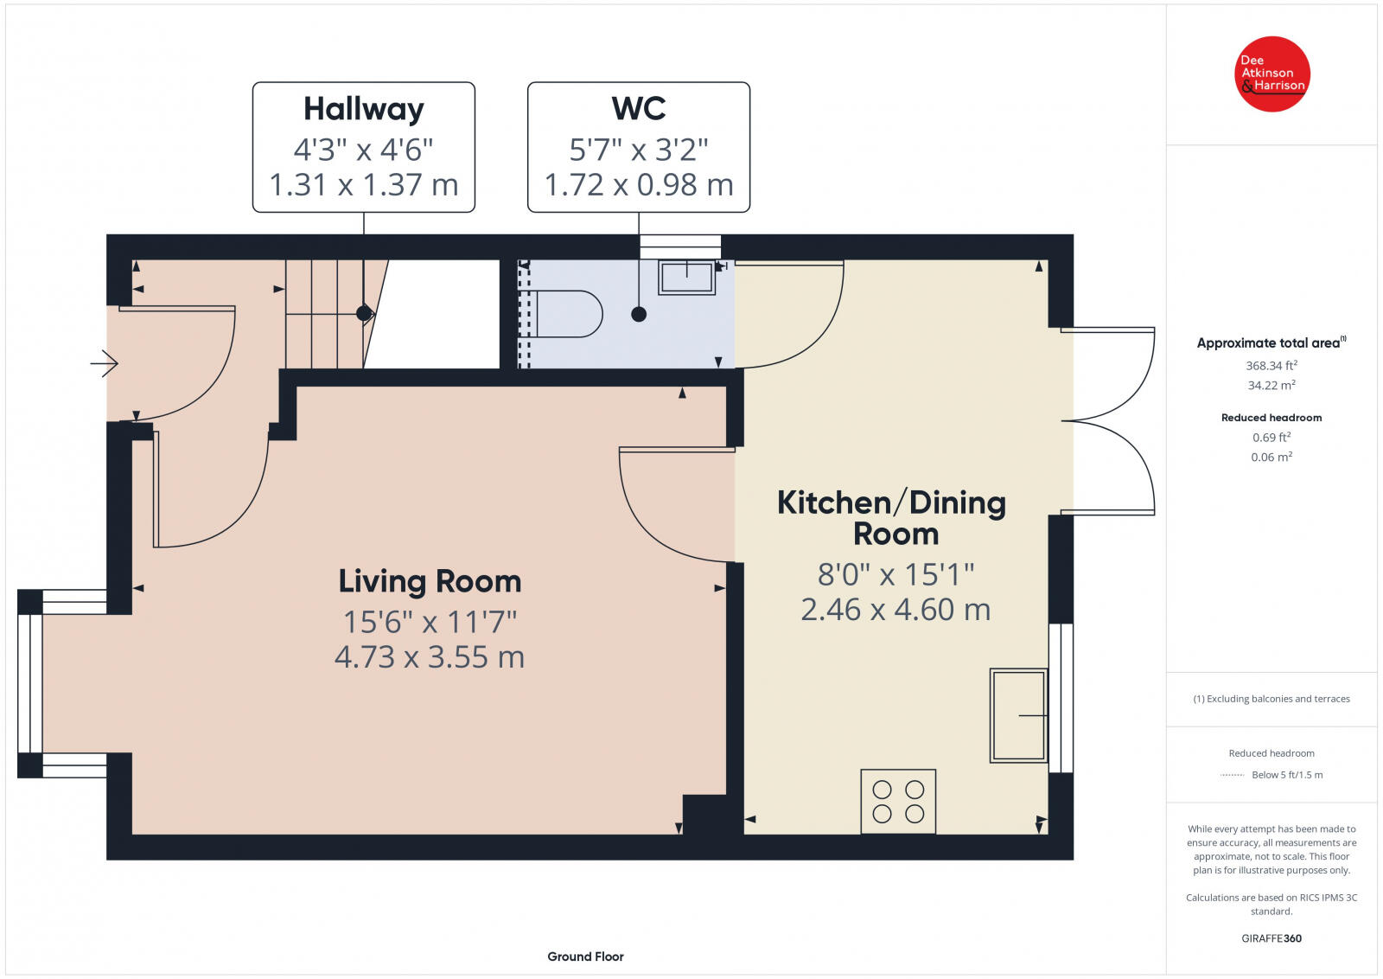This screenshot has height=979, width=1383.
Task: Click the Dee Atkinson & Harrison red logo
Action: click(x=1271, y=74)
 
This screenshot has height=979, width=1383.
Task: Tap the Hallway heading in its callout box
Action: click(x=364, y=109)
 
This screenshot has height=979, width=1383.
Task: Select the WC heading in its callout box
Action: click(x=639, y=108)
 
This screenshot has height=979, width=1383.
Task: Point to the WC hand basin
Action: click(x=686, y=278)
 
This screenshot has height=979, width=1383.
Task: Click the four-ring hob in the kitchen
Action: click(x=898, y=801)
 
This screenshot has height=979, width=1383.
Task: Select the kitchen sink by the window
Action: click(x=1019, y=715)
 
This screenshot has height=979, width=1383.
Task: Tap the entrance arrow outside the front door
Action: click(x=105, y=363)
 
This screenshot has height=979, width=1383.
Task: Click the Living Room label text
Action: click(x=430, y=581)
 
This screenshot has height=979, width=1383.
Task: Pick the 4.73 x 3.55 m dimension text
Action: click(x=430, y=656)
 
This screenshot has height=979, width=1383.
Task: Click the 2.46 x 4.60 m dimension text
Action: click(x=895, y=610)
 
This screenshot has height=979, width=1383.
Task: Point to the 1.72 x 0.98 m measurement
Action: click(x=639, y=185)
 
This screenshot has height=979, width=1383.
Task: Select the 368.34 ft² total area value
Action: click(x=1271, y=365)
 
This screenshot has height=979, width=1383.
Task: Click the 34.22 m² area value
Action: click(x=1271, y=385)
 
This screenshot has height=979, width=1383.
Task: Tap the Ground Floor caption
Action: click(x=585, y=957)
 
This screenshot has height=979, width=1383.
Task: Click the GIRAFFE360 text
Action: click(x=1271, y=938)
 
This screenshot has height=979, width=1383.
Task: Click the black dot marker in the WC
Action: click(x=639, y=315)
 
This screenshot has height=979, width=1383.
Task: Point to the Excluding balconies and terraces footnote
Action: click(x=1271, y=699)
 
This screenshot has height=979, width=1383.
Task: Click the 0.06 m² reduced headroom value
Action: click(x=1271, y=457)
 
